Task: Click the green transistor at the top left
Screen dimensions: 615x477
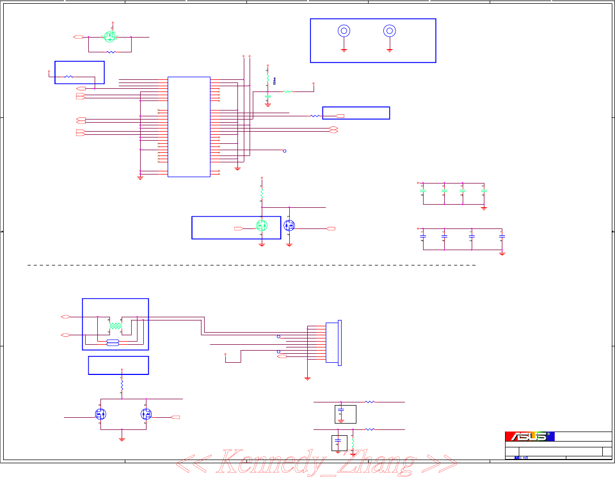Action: pyautogui.click(x=110, y=37)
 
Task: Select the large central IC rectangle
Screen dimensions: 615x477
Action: pyautogui.click(x=189, y=127)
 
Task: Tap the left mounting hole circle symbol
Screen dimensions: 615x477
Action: pyautogui.click(x=344, y=31)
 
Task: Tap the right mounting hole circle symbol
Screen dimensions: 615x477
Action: pyautogui.click(x=390, y=31)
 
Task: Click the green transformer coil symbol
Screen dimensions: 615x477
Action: pyautogui.click(x=115, y=327)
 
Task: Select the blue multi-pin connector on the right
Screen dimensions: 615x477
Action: pyautogui.click(x=333, y=342)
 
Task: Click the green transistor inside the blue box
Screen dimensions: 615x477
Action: pyautogui.click(x=262, y=225)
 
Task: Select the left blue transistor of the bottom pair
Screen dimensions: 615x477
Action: pyautogui.click(x=100, y=414)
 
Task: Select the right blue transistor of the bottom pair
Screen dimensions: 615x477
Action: pyautogui.click(x=146, y=414)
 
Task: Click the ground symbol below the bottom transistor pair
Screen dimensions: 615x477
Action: pyautogui.click(x=122, y=438)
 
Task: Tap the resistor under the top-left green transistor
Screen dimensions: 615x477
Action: pyautogui.click(x=111, y=52)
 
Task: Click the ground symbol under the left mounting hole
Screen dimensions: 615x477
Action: pyautogui.click(x=344, y=50)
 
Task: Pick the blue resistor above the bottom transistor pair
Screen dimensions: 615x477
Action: pyautogui.click(x=122, y=387)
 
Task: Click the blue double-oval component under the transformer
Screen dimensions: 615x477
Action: pyautogui.click(x=113, y=343)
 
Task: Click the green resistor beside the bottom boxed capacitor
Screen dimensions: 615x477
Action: pyautogui.click(x=352, y=444)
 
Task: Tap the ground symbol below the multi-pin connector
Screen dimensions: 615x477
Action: pyautogui.click(x=307, y=378)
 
